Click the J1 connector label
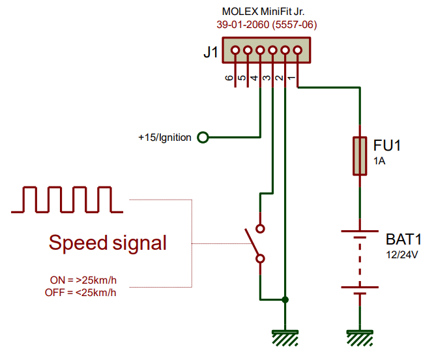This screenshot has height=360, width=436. [x=211, y=53]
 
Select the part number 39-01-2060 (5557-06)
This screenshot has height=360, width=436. [x=267, y=25]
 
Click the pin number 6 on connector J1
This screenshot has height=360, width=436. [x=229, y=78]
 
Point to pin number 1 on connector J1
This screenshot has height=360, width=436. [x=291, y=78]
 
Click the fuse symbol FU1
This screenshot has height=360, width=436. [x=359, y=157]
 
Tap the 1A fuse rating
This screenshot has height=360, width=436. [x=380, y=161]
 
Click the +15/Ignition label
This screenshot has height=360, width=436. [x=164, y=138]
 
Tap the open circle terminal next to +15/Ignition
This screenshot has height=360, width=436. [x=203, y=138]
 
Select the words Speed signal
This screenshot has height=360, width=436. [x=108, y=243]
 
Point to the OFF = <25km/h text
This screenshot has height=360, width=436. [x=81, y=292]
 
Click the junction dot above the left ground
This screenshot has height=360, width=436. [x=285, y=300]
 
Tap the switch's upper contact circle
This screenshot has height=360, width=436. [x=260, y=229]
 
